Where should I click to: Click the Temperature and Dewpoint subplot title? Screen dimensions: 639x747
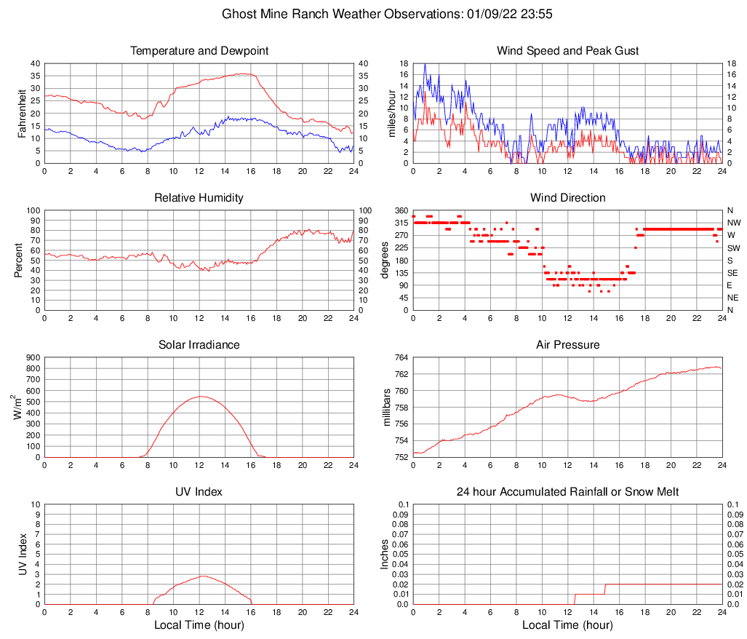(x=199, y=51)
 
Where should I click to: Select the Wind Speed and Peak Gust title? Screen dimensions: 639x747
(x=567, y=51)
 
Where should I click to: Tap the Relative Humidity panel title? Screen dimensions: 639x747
(x=199, y=198)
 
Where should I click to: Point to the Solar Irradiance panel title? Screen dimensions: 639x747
(x=199, y=345)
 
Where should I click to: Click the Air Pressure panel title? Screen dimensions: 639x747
(x=567, y=345)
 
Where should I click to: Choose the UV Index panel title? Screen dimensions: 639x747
(x=199, y=492)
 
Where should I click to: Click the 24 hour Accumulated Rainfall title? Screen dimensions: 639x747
(x=567, y=492)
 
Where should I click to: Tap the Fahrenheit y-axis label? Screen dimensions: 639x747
(x=21, y=113)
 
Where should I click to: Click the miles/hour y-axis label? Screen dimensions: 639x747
(x=391, y=113)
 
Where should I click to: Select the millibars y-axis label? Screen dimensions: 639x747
(x=386, y=408)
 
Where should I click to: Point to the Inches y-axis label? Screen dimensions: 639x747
(x=385, y=555)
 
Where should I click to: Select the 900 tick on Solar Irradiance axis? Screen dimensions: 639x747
(x=33, y=358)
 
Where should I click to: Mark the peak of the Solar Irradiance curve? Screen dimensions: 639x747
(x=201, y=397)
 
